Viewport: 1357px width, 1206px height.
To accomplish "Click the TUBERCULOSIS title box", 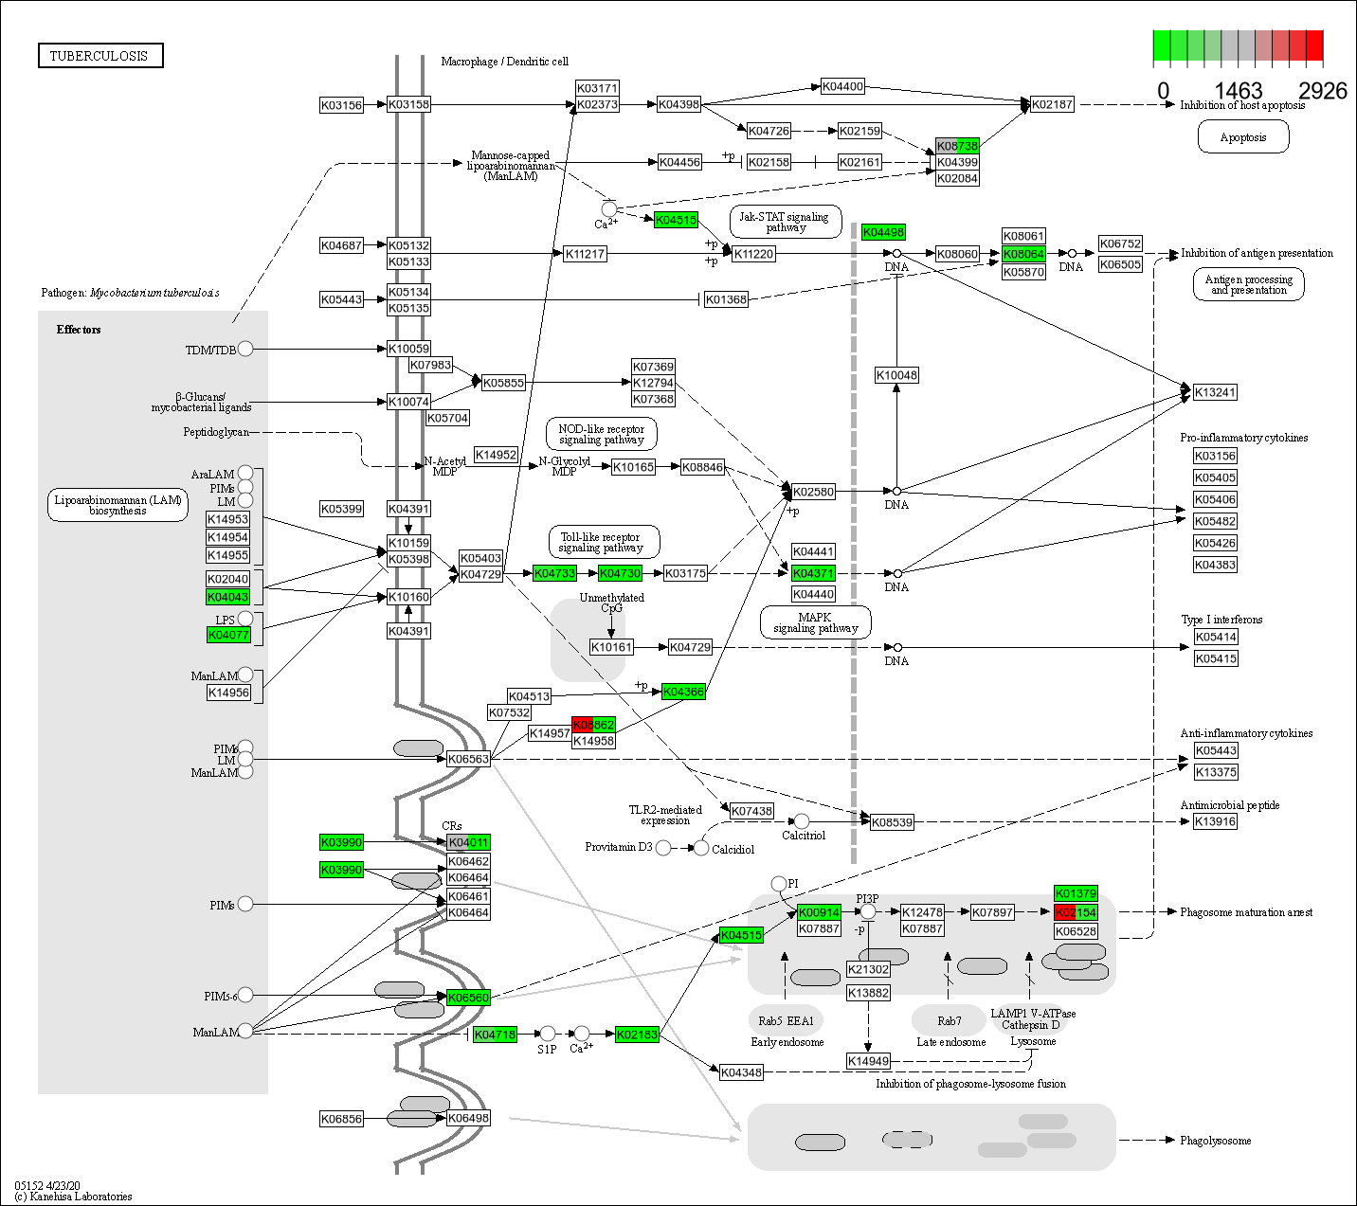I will pyautogui.click(x=100, y=56).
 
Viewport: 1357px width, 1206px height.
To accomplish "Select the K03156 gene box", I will pyautogui.click(x=341, y=105).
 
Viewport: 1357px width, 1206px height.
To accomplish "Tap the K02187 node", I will pyautogui.click(x=1052, y=104).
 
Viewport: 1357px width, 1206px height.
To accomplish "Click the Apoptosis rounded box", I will pyautogui.click(x=1242, y=137).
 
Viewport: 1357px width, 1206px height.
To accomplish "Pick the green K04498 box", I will pyautogui.click(x=883, y=232).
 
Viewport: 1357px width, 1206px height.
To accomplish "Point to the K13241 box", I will pyautogui.click(x=1215, y=392).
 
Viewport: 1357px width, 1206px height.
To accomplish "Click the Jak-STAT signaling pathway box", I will pyautogui.click(x=785, y=222).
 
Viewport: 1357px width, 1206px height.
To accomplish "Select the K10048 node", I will pyautogui.click(x=896, y=375).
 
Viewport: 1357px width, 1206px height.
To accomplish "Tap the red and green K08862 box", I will pyautogui.click(x=593, y=725).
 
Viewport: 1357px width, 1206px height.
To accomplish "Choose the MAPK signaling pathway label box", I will pyautogui.click(x=815, y=622).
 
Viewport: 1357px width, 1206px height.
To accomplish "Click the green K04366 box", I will pyautogui.click(x=683, y=692).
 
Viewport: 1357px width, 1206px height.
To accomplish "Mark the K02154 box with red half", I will pyautogui.click(x=1076, y=912).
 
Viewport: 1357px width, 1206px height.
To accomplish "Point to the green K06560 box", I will pyautogui.click(x=468, y=998).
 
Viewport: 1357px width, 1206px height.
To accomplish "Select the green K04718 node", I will pyautogui.click(x=495, y=1035).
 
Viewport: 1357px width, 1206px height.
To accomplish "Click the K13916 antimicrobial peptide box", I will pyautogui.click(x=1215, y=821).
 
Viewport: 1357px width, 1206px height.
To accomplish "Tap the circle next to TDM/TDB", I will pyautogui.click(x=245, y=349).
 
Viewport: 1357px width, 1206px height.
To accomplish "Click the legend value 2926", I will pyautogui.click(x=1322, y=91).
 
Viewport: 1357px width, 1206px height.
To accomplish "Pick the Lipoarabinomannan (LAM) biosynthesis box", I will pyautogui.click(x=118, y=505).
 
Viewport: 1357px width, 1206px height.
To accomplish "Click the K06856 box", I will pyautogui.click(x=341, y=1119).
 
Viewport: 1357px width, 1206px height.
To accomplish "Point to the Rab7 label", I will pyautogui.click(x=950, y=1021).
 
